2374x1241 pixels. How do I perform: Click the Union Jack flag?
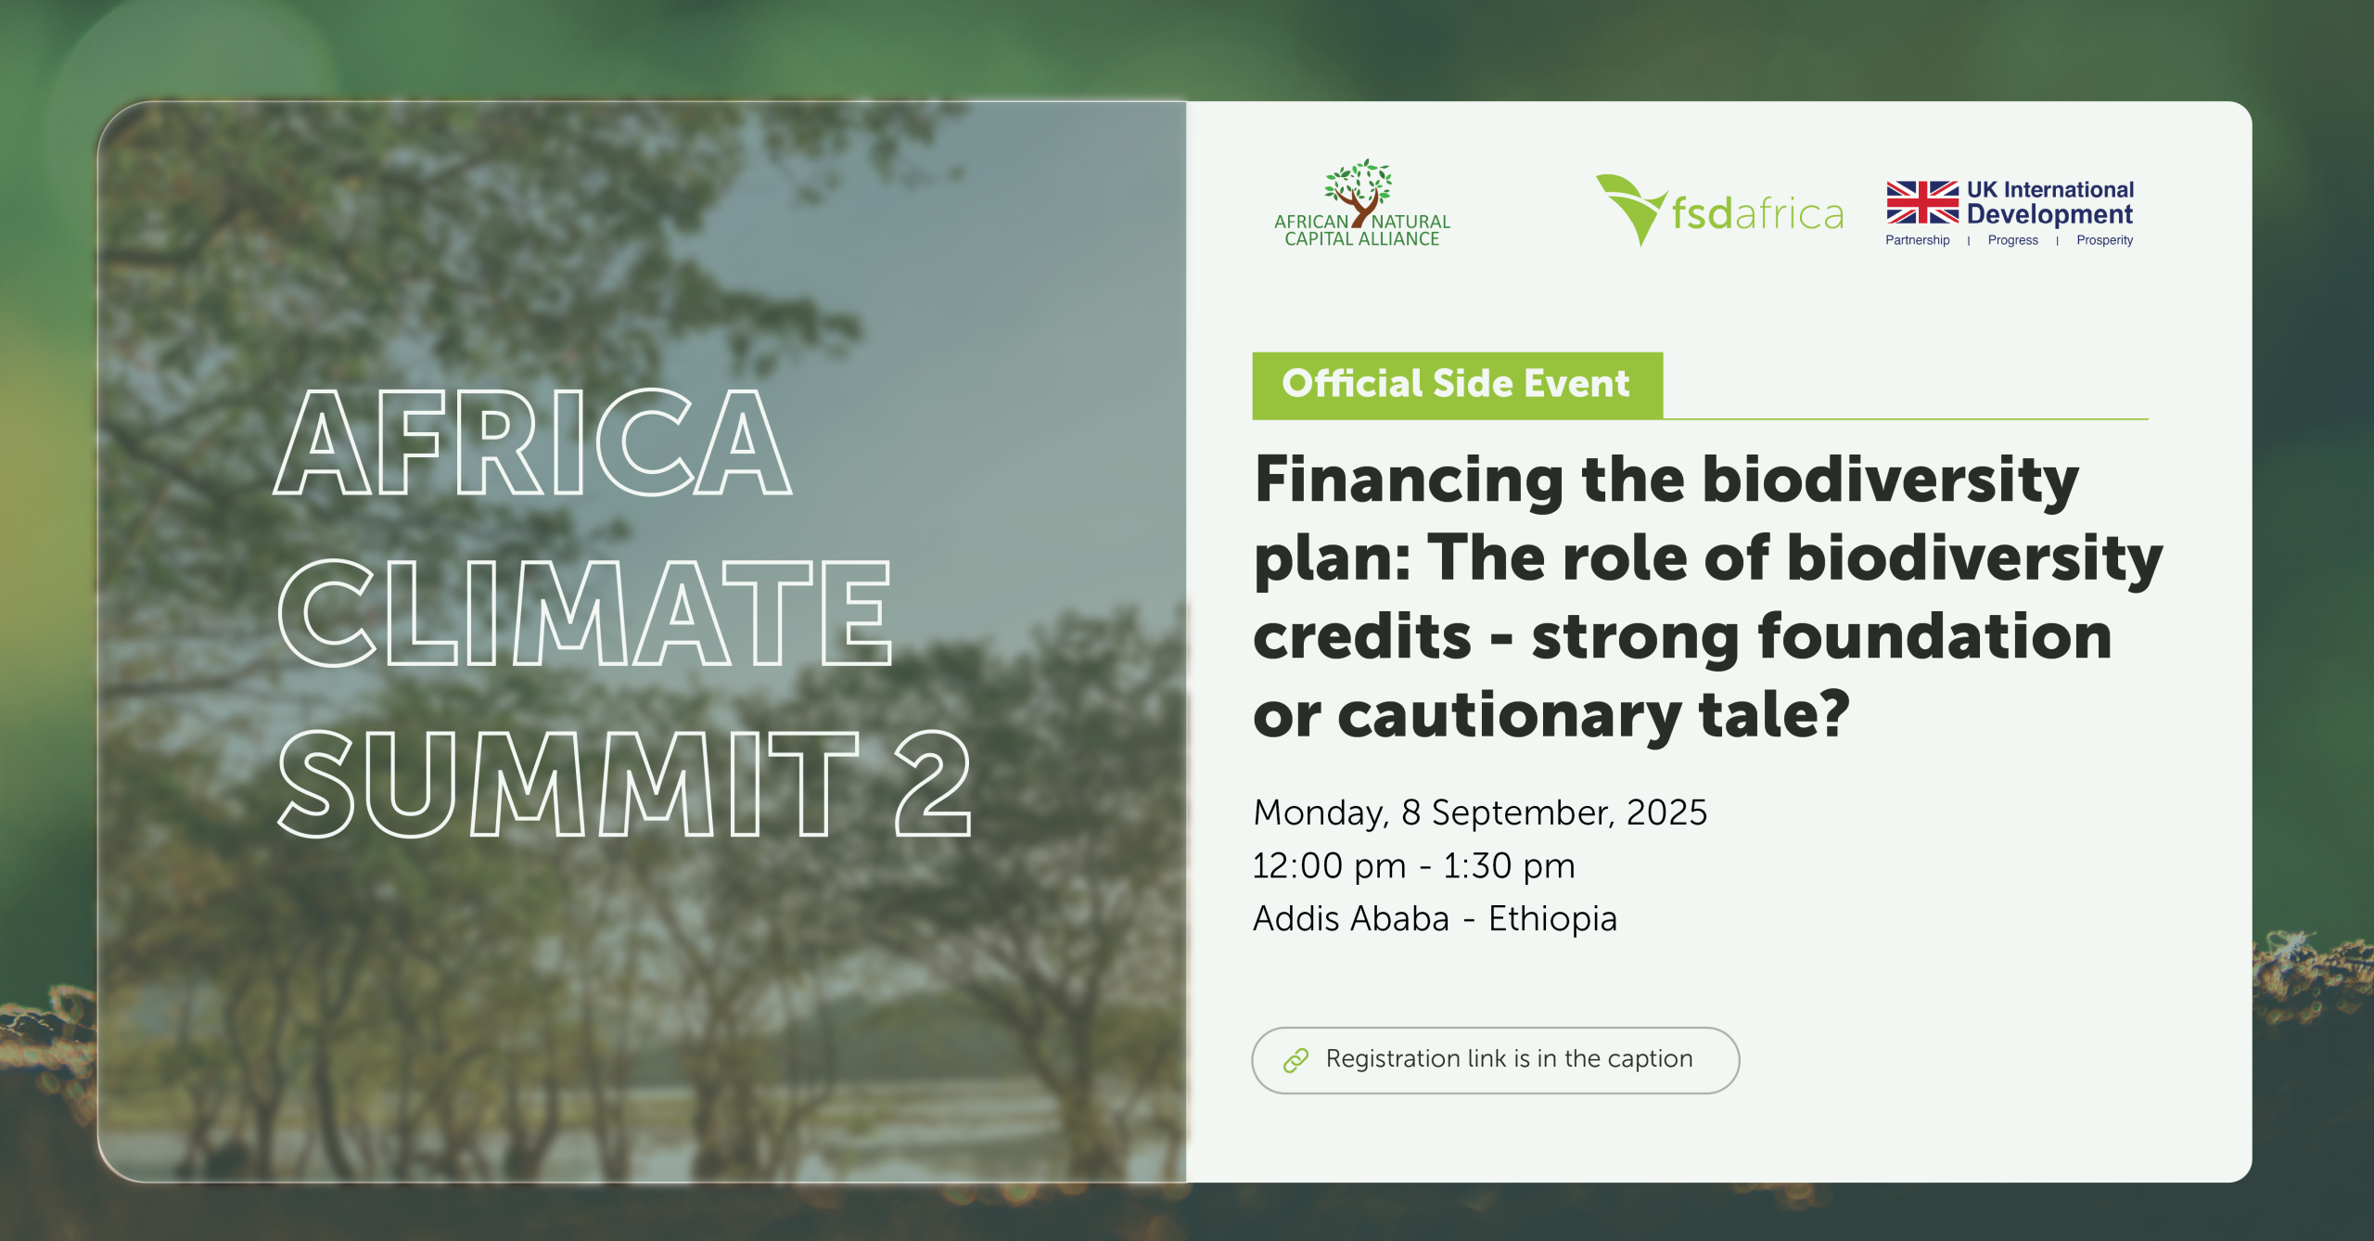[1922, 202]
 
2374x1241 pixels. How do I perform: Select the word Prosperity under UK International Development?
[2104, 240]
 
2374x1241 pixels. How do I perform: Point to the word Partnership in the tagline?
[1917, 240]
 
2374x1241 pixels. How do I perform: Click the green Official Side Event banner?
[1457, 385]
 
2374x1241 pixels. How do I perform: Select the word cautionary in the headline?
[1509, 717]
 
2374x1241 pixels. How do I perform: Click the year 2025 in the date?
[1666, 812]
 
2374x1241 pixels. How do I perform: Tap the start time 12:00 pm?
[1329, 866]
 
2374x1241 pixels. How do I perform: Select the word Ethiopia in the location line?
[1552, 919]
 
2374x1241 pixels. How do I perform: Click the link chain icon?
[1295, 1060]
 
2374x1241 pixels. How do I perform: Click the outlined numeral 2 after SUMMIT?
[933, 783]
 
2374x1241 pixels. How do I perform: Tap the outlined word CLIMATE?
[584, 613]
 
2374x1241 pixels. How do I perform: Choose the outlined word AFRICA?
[532, 441]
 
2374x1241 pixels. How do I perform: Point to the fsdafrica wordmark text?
[1757, 213]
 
